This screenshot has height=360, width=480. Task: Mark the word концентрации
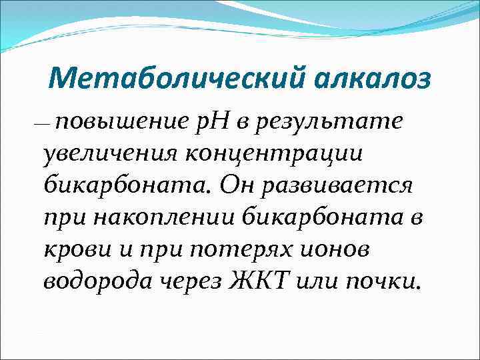pyautogui.click(x=273, y=153)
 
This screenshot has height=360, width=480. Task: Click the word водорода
pyautogui.click(x=99, y=281)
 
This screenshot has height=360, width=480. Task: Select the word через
pyautogui.click(x=193, y=281)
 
